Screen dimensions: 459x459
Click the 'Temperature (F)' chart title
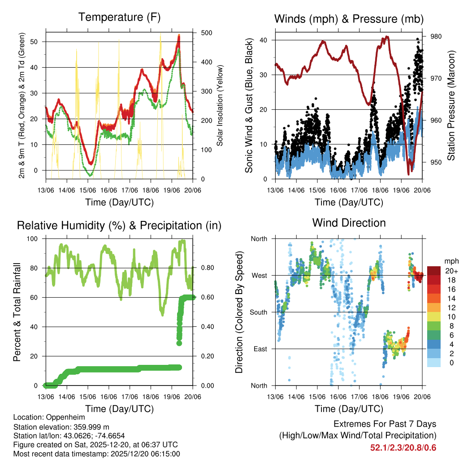[x=119, y=17]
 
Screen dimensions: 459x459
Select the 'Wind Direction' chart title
[x=349, y=223]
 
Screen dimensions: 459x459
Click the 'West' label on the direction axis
[x=259, y=275]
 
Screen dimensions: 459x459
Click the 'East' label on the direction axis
[x=260, y=349]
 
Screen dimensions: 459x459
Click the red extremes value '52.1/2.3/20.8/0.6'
[x=403, y=448]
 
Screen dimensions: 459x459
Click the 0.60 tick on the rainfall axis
[x=204, y=297]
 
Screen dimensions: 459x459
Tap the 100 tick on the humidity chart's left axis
[x=33, y=238]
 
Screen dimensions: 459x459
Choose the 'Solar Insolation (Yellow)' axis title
[x=220, y=105]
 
